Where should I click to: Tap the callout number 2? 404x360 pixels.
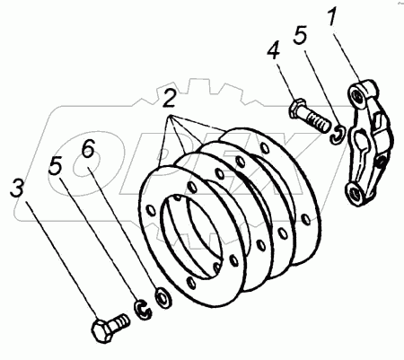pyautogui.click(x=169, y=99)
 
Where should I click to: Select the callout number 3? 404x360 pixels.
pyautogui.click(x=17, y=188)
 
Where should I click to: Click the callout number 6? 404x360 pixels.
pyautogui.click(x=89, y=148)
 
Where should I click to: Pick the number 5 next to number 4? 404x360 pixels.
pyautogui.click(x=300, y=35)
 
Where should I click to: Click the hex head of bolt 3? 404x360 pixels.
pyautogui.click(x=102, y=331)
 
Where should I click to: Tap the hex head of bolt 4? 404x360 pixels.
pyautogui.click(x=297, y=109)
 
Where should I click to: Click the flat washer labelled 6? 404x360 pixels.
pyautogui.click(x=163, y=297)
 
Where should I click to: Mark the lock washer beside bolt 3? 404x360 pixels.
pyautogui.click(x=143, y=310)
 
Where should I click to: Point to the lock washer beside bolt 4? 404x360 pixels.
pyautogui.click(x=338, y=135)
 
